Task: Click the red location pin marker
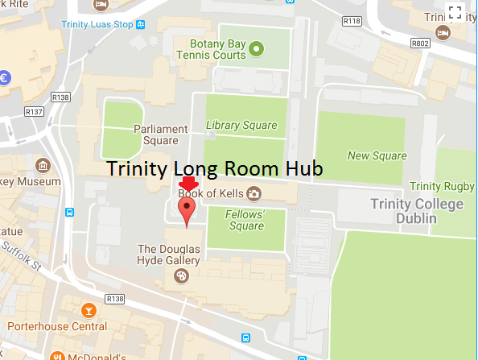click(187, 211)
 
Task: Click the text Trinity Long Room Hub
click(215, 170)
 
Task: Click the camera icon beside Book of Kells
click(253, 193)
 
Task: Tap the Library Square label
click(241, 125)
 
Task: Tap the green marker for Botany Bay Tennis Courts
click(256, 50)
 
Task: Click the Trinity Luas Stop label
click(97, 24)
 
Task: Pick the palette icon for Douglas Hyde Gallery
click(180, 276)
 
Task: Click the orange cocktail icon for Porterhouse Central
click(89, 310)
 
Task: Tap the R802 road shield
click(419, 43)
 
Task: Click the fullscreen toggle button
click(455, 12)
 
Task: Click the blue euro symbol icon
click(4, 78)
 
